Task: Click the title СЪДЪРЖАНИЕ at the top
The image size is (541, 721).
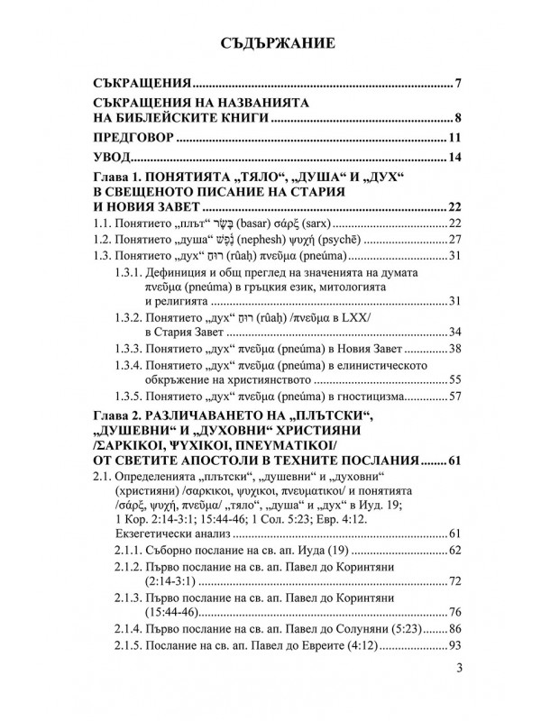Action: (x=270, y=41)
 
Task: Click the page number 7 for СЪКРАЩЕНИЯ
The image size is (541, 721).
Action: (x=458, y=85)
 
